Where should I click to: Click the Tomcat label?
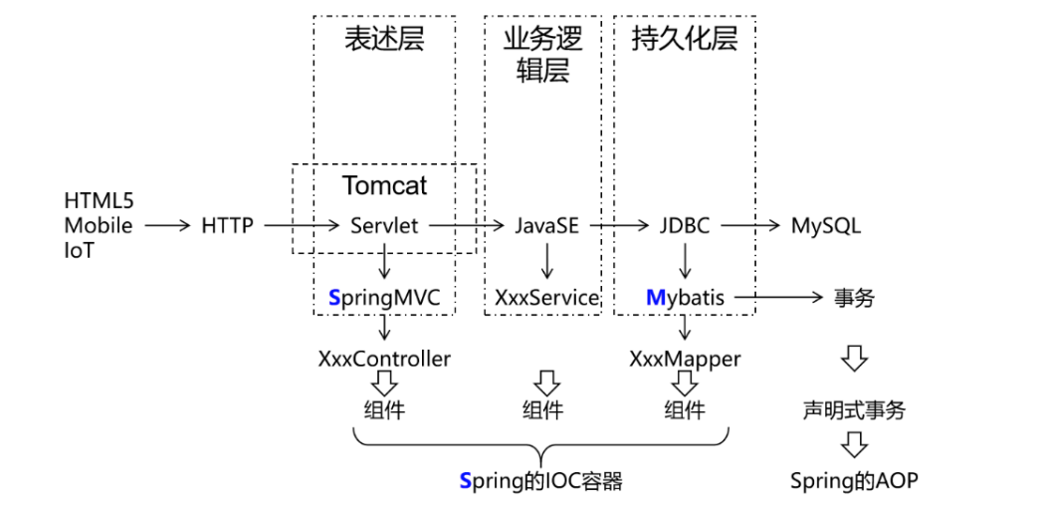[x=385, y=185]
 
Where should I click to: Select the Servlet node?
[x=384, y=225]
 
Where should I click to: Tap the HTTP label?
[x=227, y=225]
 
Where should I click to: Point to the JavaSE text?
[x=546, y=225]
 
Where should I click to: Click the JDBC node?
[x=684, y=225]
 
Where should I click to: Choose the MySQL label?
[x=825, y=225]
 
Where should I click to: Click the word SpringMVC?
[x=384, y=297]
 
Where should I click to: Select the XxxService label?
[x=546, y=297]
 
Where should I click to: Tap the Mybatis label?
[x=685, y=297]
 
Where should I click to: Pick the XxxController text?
[x=384, y=359]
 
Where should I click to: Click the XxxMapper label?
[x=685, y=359]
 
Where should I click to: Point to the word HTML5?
[x=99, y=201]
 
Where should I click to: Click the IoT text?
[x=80, y=250]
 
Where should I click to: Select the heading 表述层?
[x=384, y=40]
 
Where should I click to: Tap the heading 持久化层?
[x=685, y=40]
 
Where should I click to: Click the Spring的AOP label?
[x=854, y=481]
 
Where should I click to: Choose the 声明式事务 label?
[x=854, y=410]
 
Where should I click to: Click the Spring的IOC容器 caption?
[x=540, y=481]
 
